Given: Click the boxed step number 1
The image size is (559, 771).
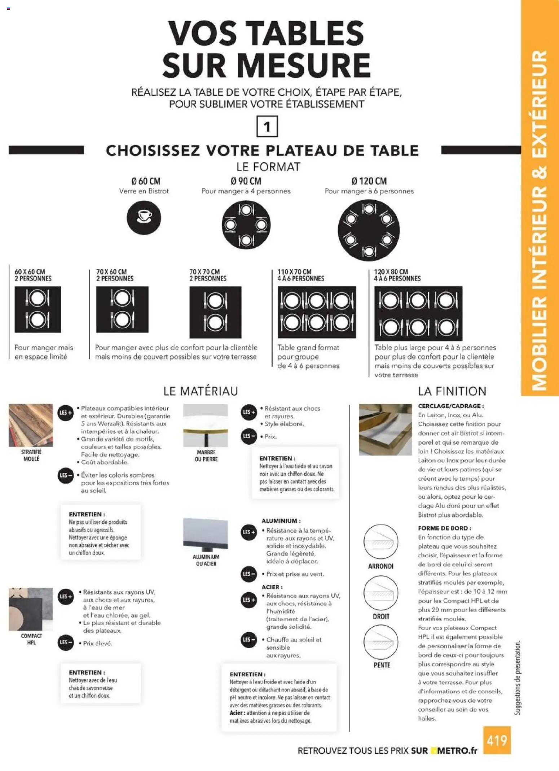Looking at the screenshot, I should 267,126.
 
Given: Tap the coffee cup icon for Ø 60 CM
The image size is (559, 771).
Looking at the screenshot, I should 144,218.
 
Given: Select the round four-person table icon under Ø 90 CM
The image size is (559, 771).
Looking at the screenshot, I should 246,225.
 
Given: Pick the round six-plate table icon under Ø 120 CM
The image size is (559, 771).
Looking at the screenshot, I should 369,230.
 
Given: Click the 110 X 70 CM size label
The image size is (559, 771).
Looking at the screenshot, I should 294,271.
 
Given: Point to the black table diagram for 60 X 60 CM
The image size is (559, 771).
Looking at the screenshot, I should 38,309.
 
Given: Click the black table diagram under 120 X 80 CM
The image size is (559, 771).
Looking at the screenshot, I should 418,313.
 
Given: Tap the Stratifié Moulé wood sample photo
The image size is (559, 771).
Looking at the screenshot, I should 31,425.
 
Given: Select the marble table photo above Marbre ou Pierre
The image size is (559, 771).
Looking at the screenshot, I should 206,426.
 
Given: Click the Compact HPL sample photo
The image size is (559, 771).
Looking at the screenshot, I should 31,609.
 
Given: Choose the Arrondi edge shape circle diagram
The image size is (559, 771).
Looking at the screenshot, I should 380,542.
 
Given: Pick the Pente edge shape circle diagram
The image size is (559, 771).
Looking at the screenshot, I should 380,642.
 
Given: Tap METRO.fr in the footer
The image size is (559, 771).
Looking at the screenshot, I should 457,751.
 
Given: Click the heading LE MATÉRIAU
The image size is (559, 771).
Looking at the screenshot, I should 201,391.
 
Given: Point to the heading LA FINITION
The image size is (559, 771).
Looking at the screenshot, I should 452,391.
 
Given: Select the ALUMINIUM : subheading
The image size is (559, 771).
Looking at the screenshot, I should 281,521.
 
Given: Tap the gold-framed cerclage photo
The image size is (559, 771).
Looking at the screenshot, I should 385,430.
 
